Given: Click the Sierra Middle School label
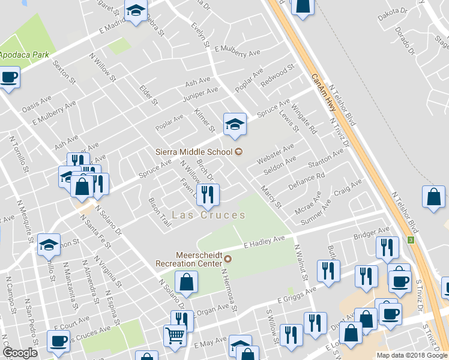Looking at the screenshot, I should pos(196,152).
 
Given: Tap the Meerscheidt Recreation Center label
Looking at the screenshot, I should pos(190,259).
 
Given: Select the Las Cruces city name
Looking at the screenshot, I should pos(208,215).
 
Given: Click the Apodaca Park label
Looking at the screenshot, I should pos(22,54).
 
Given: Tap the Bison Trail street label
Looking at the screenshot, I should pos(160,213).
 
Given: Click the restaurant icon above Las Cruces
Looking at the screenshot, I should pos(208,194).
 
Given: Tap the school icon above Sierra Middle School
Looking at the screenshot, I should pos(234,124).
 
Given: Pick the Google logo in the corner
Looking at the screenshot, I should pos(20,353).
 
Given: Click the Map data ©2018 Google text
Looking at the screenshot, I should pos(412,355).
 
